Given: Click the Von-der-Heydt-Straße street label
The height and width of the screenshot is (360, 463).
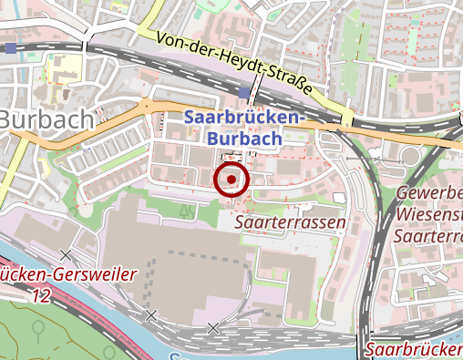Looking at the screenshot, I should pyautogui.click(x=233, y=66).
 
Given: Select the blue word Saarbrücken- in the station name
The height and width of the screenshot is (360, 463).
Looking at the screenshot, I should pyautogui.click(x=242, y=119).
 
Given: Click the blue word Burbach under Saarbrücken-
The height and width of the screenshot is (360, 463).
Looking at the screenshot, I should pyautogui.click(x=242, y=139).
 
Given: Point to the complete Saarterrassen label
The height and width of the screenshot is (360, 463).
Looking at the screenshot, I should pyautogui.click(x=290, y=222).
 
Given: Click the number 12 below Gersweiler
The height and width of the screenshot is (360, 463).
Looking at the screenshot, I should pyautogui.click(x=39, y=295).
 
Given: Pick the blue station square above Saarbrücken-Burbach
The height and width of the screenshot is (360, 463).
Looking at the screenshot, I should pyautogui.click(x=242, y=93).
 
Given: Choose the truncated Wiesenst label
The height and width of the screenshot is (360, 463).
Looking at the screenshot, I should pyautogui.click(x=430, y=215).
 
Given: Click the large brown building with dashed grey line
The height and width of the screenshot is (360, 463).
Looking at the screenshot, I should pyautogui.click(x=173, y=264).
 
